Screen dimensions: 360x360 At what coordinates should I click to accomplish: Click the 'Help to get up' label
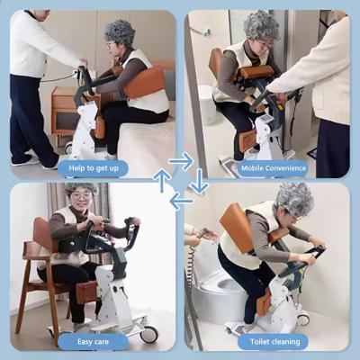click(x=94, y=168)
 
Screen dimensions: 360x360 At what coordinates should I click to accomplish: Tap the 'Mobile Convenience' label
click(x=274, y=168)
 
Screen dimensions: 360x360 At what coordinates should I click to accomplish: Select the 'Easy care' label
click(x=93, y=342)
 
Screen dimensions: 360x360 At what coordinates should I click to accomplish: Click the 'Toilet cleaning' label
click(x=274, y=341)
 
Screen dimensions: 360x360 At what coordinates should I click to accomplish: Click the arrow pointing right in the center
click(x=181, y=161)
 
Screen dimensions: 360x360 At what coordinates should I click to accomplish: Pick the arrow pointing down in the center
click(x=199, y=182)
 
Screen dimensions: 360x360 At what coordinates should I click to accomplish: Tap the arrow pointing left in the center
click(x=182, y=201)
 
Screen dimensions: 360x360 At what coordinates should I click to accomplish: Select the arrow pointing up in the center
click(x=162, y=181)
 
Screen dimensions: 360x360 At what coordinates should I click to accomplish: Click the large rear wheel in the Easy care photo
click(x=148, y=334)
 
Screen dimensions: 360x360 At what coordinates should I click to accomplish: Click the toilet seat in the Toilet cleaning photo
click(x=222, y=285)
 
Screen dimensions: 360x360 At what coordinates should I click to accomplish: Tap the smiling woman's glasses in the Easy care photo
click(x=81, y=197)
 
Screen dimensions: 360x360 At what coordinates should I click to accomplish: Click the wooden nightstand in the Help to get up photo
click(x=62, y=112)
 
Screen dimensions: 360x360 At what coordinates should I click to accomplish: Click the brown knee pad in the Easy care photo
click(x=86, y=292)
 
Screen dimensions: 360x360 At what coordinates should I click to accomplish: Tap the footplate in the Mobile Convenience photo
click(x=231, y=164)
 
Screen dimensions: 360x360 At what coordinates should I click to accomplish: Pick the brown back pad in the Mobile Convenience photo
click(x=216, y=67)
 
